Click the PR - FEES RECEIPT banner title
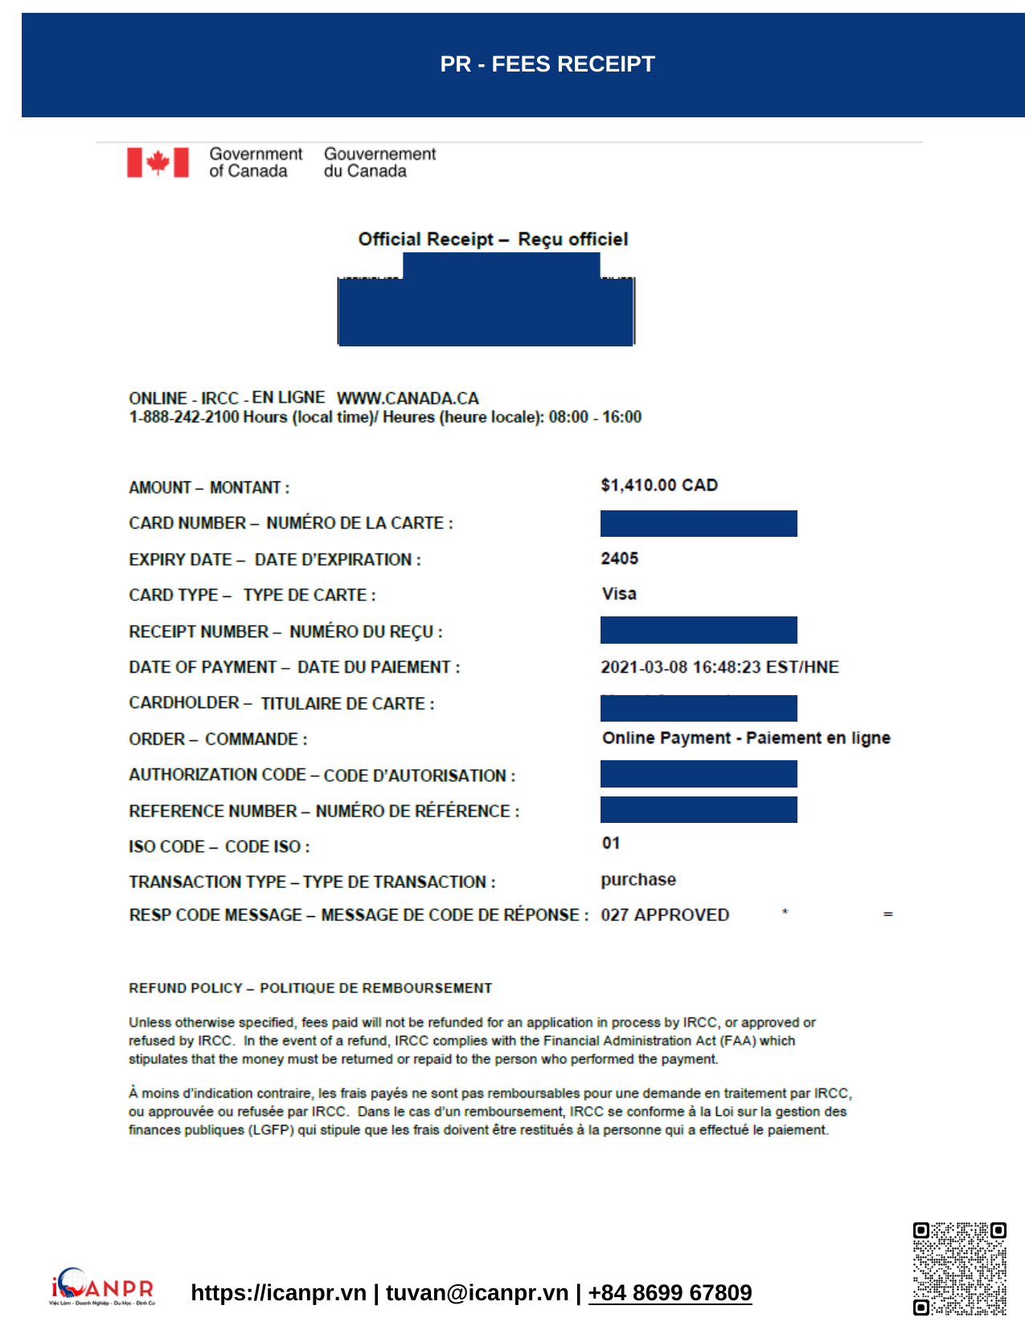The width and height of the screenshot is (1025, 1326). tap(547, 64)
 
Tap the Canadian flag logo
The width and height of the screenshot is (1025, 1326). tap(158, 162)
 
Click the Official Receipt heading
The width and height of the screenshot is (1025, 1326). tap(493, 239)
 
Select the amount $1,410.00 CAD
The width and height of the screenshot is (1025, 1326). tap(658, 485)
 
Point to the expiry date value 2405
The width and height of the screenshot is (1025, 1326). tap(619, 559)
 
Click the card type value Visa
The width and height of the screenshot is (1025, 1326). tap(619, 594)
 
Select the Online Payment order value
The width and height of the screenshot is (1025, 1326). tap(746, 738)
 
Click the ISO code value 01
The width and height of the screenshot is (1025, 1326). tap(611, 843)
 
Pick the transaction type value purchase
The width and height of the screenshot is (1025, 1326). tap(638, 879)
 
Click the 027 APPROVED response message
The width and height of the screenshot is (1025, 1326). tap(665, 915)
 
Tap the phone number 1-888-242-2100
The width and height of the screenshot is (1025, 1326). tap(184, 417)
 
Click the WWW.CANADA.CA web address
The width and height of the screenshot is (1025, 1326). tap(408, 399)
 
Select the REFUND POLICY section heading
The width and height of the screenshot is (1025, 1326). tap(310, 988)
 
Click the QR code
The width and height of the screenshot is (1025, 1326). tap(959, 1269)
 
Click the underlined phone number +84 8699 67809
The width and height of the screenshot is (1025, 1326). tap(670, 1292)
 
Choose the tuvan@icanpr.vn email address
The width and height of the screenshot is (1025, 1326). tap(477, 1292)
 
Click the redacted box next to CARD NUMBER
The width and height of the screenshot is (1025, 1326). tap(699, 523)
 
